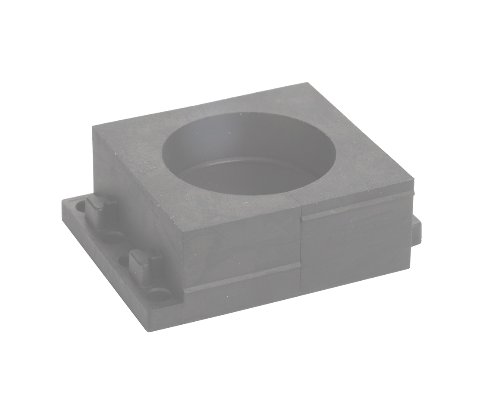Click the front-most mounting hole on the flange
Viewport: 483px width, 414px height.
(x=159, y=295)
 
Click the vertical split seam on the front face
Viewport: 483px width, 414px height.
(x=300, y=250)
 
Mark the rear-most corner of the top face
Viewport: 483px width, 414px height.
(x=307, y=83)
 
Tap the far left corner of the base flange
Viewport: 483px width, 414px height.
(x=63, y=201)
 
